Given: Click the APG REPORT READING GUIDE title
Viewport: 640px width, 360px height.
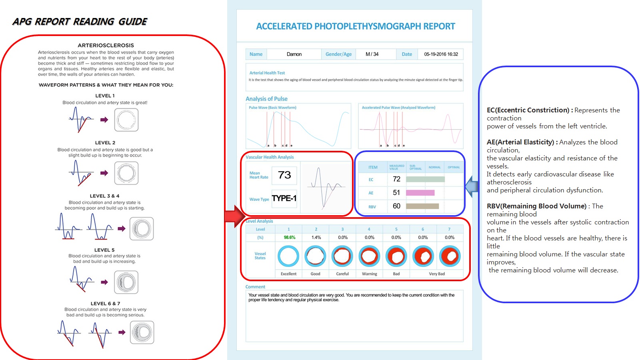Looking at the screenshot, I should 80,22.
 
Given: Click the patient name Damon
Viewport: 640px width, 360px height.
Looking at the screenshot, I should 294,54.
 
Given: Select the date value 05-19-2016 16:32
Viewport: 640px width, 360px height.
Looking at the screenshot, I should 441,54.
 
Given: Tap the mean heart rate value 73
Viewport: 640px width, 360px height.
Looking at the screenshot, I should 284,175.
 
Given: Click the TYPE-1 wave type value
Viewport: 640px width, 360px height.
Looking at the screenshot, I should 284,198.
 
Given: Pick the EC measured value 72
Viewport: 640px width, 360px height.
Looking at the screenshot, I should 396,179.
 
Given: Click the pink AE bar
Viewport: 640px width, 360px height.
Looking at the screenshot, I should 420,193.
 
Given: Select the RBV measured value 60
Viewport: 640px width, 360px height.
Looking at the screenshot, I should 396,206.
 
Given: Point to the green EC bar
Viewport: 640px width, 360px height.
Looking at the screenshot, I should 425,179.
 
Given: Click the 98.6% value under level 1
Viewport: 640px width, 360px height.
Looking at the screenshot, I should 289,238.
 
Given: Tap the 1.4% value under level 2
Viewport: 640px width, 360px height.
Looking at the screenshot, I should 316,238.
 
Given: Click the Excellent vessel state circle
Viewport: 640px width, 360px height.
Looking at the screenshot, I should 288,256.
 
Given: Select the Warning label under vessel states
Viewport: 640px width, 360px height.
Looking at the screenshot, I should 369,274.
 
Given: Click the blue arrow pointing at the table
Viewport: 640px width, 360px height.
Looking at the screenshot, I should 472,186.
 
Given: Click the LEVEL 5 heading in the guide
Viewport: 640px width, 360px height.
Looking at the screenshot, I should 104,250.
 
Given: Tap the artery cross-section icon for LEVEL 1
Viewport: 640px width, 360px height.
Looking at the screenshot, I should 126,120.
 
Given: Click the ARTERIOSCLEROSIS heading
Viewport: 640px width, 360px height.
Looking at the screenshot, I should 106,46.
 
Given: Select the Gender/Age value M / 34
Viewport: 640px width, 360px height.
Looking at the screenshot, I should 372,54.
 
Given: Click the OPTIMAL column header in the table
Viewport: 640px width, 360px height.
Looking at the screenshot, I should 454,167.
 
